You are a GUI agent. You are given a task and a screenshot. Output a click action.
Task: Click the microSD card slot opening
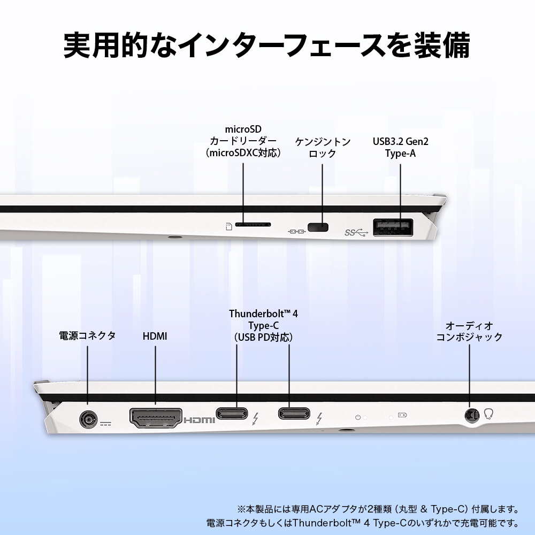click(x=253, y=225)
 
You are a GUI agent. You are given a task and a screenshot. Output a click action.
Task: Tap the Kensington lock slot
click(x=318, y=227)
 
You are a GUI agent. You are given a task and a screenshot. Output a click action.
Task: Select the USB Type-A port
click(x=393, y=227)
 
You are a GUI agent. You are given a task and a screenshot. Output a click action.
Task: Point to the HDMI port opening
click(x=156, y=418)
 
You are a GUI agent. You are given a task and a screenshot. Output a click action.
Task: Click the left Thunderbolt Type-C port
click(x=232, y=414)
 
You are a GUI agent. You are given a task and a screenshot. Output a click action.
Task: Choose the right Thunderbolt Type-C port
click(x=294, y=414)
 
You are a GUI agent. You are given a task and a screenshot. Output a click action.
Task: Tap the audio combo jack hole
click(x=472, y=416)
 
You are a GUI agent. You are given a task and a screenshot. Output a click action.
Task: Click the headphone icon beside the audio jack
click(x=488, y=414)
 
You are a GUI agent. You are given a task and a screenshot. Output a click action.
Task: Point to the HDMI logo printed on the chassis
click(x=199, y=420)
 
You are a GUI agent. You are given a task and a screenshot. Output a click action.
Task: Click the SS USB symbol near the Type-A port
click(x=356, y=233)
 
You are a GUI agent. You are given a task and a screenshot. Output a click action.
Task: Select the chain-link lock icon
click(x=296, y=232)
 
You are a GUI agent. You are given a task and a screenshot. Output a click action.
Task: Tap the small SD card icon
click(x=229, y=226)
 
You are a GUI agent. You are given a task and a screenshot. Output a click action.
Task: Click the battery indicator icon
click(x=403, y=415)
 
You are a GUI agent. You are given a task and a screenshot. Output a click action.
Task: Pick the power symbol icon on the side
click(x=358, y=417)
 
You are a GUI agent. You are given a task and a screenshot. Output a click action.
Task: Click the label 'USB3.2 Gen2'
click(x=400, y=142)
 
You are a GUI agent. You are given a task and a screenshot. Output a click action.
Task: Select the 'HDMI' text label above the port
click(x=155, y=337)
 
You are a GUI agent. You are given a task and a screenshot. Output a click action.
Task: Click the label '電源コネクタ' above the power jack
click(x=87, y=336)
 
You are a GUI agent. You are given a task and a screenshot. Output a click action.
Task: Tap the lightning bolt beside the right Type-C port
click(x=319, y=419)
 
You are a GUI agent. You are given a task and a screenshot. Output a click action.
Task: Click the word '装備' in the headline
click(x=442, y=45)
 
